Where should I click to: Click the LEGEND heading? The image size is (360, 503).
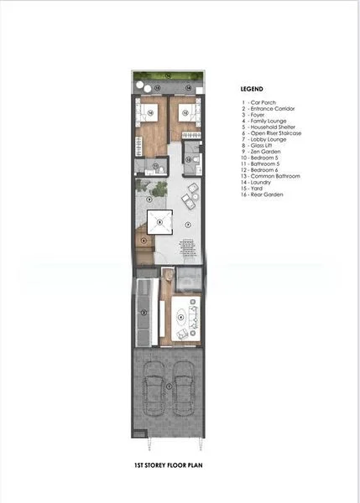pyautogui.click(x=252, y=88)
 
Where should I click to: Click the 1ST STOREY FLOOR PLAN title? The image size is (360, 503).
pyautogui.click(x=170, y=463)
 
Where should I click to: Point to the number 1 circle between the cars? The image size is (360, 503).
pyautogui.click(x=170, y=386)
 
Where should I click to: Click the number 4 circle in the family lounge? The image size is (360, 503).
pyautogui.click(x=180, y=317)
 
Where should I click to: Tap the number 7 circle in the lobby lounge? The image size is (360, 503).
pyautogui.click(x=188, y=225)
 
